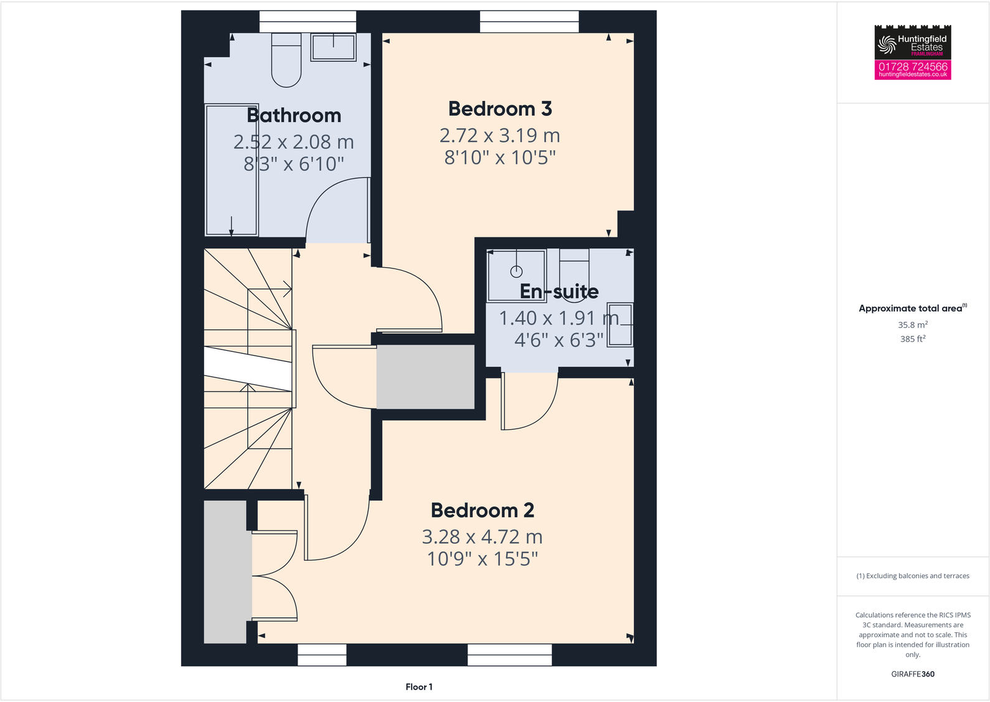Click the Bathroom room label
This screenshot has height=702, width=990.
(x=294, y=116)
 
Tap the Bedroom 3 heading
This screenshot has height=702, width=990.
(x=500, y=109)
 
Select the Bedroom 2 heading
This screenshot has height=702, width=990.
(x=483, y=511)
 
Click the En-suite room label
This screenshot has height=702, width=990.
(x=559, y=292)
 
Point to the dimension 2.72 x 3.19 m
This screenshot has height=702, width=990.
(x=500, y=135)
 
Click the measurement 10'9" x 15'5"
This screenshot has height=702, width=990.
(x=483, y=559)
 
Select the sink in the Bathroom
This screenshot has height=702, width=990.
(x=334, y=47)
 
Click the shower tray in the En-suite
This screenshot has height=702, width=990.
(x=516, y=274)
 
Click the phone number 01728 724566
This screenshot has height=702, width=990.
(x=913, y=66)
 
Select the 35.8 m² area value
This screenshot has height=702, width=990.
(x=913, y=325)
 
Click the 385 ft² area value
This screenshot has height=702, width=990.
(x=913, y=339)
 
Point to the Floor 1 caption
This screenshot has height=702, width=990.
(x=419, y=687)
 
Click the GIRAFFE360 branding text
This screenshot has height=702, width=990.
(x=913, y=674)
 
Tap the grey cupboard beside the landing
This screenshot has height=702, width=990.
(x=425, y=377)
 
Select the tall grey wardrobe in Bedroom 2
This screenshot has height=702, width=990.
(x=225, y=572)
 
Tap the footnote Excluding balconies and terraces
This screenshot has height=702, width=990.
(x=913, y=576)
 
